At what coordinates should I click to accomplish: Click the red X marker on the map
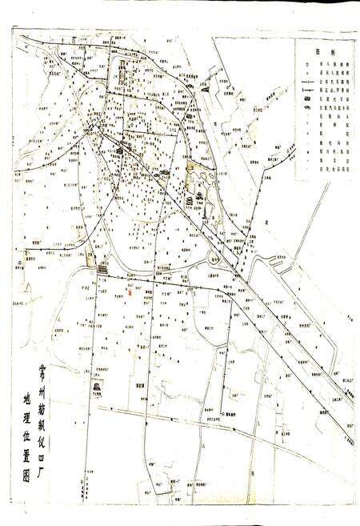click(129, 292)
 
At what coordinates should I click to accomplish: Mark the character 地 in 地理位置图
click(28, 396)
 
